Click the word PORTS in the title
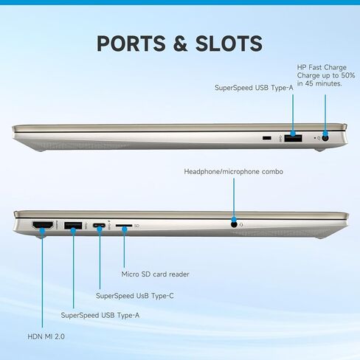[x=131, y=44]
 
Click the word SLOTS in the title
[x=229, y=44]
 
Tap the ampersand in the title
[x=181, y=44]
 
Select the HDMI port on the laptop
[x=43, y=225]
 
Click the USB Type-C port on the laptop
[x=99, y=225]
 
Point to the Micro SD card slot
[x=124, y=225]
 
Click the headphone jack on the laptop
[x=234, y=224]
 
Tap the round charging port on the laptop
[x=325, y=138]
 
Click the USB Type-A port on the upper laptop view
[x=293, y=138]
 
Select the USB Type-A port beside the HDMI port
[x=73, y=225]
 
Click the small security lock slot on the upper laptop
[x=267, y=138]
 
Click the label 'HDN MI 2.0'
[x=46, y=336]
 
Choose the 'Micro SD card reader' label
[x=155, y=274]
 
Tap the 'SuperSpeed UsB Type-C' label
[x=135, y=296]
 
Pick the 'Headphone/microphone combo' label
[x=234, y=172]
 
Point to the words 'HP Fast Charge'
[x=322, y=67]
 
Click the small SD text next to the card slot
[x=137, y=226]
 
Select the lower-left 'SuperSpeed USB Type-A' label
[x=100, y=315]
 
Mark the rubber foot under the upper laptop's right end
[x=319, y=150]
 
